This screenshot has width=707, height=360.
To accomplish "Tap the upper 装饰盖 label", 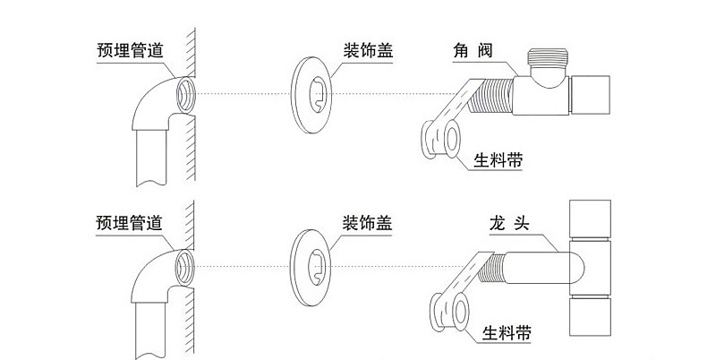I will click(x=368, y=49).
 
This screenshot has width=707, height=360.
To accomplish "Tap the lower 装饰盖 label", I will click(x=368, y=219).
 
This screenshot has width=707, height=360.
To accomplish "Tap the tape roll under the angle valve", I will click(x=441, y=140).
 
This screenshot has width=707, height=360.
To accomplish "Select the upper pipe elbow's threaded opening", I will click(x=186, y=91).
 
